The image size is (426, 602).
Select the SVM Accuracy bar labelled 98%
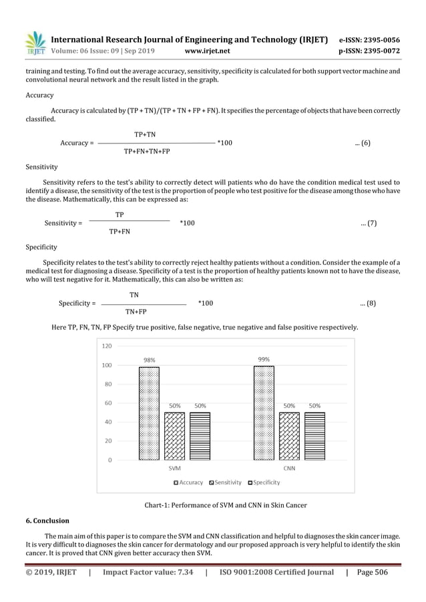tap(149, 413)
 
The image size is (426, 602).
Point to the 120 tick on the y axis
tap(107, 346)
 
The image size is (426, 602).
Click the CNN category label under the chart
tap(289, 469)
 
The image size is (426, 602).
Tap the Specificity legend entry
tap(264, 482)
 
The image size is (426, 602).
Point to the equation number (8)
tap(367, 303)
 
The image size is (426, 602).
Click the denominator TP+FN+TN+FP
tap(147, 152)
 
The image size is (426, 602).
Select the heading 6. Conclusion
tap(47, 521)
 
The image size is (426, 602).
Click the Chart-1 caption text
tap(226, 505)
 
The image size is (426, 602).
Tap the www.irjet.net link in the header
tap(206, 50)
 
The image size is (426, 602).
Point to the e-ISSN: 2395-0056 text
tap(373, 39)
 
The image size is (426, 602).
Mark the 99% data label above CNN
tap(264, 359)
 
